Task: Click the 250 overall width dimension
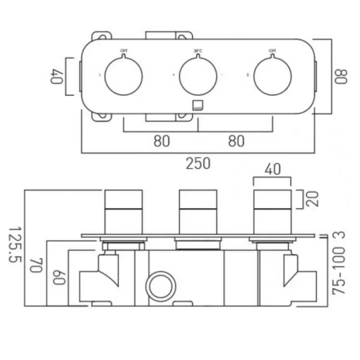point(199,163)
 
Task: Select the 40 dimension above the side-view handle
point(272,171)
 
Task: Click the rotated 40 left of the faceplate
point(58,76)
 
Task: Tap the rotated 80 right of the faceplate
point(341,76)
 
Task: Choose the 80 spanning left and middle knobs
point(161,142)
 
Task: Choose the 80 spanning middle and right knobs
point(236,142)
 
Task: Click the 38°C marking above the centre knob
point(198,51)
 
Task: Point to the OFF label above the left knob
point(124,51)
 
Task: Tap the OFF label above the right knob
point(273,51)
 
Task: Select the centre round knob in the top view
point(198,76)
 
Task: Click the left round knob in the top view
point(124,76)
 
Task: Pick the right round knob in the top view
point(273,76)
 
